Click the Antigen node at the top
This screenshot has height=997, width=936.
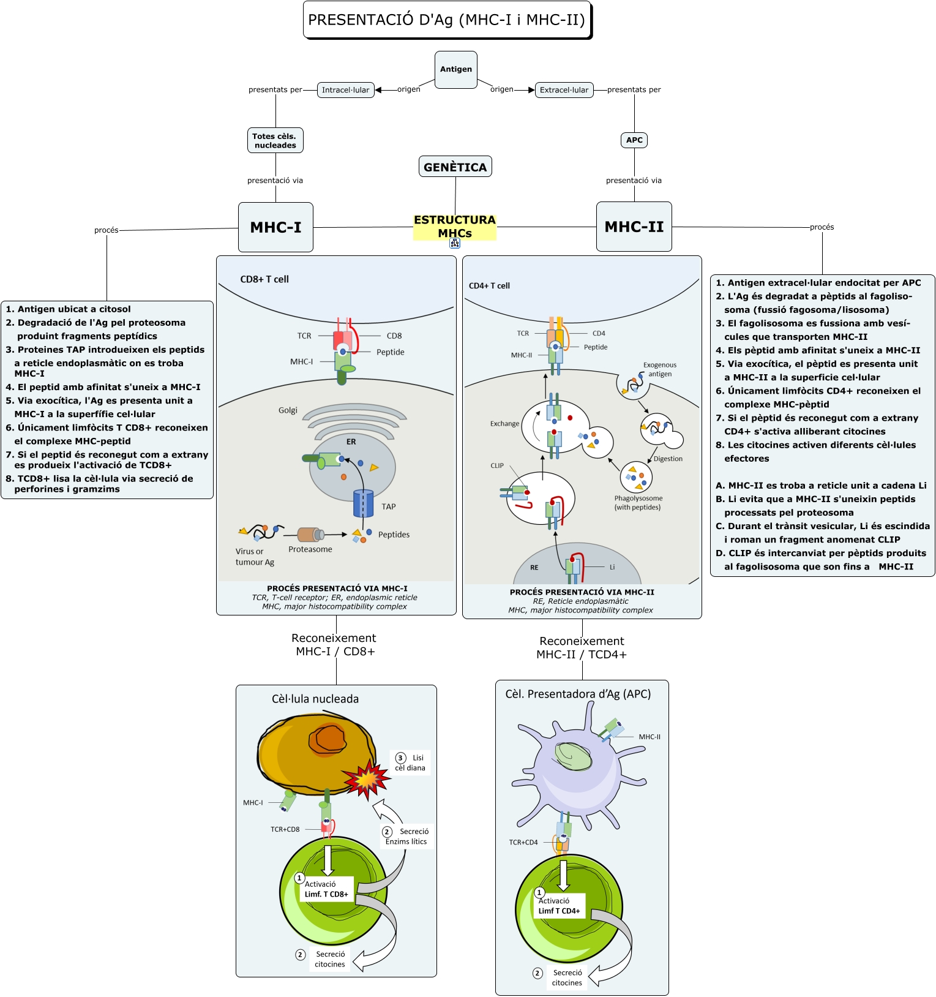(x=455, y=69)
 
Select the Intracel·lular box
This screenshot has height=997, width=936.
(x=345, y=90)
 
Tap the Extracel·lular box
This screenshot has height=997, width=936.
(x=564, y=90)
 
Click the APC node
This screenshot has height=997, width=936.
(x=634, y=140)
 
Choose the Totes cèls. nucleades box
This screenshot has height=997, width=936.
(x=275, y=141)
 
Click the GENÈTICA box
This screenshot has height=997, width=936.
(x=455, y=167)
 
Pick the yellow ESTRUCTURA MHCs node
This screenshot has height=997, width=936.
(x=454, y=226)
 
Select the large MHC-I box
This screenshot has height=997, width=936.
(x=275, y=227)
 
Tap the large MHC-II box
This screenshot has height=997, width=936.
(x=634, y=227)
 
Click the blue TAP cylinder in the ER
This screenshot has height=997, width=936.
(x=363, y=503)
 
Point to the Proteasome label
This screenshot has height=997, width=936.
(x=310, y=549)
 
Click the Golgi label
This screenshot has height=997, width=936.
(x=288, y=410)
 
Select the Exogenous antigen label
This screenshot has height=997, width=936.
(x=660, y=369)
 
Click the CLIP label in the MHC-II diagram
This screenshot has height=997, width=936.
(x=497, y=465)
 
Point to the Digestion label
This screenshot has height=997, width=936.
(x=668, y=459)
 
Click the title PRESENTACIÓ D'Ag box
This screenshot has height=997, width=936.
(x=447, y=20)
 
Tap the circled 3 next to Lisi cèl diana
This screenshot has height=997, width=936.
(x=401, y=758)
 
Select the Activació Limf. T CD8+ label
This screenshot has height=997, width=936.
(x=326, y=889)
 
